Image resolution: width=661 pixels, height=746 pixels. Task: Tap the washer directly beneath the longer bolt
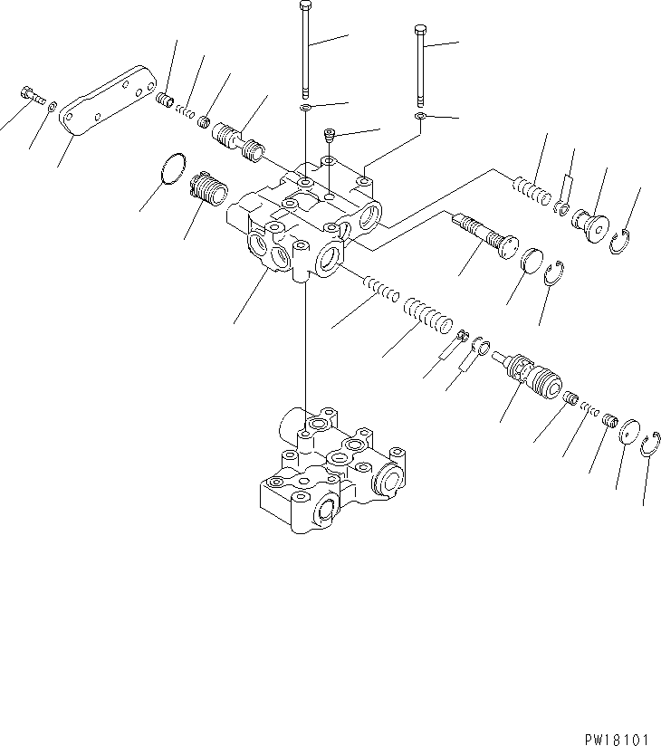point(306,109)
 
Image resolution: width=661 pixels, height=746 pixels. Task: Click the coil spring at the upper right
point(531,193)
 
